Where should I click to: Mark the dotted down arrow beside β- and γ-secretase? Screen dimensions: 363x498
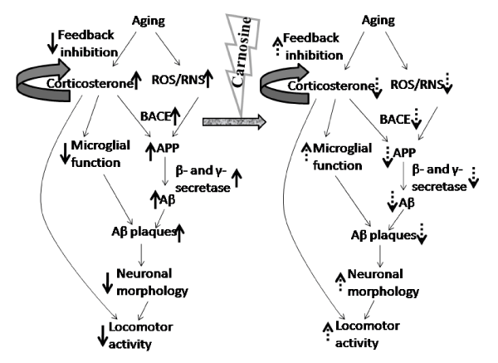473,178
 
